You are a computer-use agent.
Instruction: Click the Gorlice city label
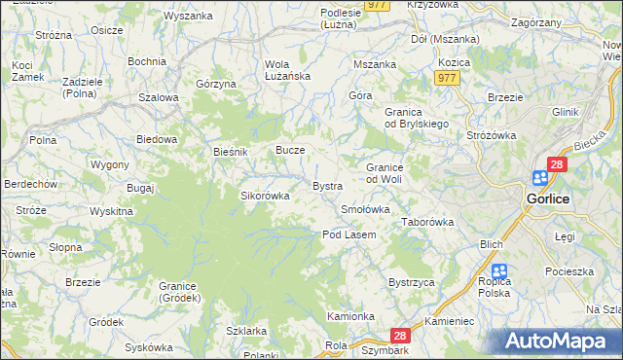553,198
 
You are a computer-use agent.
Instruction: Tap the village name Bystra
327,185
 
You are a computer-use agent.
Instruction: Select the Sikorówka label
266,196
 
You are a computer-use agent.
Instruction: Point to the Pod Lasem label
349,234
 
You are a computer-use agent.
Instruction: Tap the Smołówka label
365,209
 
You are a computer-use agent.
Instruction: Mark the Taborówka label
428,222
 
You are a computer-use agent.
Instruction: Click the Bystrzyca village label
410,282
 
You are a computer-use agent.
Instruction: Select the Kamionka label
350,316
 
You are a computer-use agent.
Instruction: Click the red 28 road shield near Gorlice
557,165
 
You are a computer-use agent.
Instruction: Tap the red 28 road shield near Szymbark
404,335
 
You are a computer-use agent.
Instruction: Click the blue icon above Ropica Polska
499,272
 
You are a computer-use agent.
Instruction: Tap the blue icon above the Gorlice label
540,178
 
